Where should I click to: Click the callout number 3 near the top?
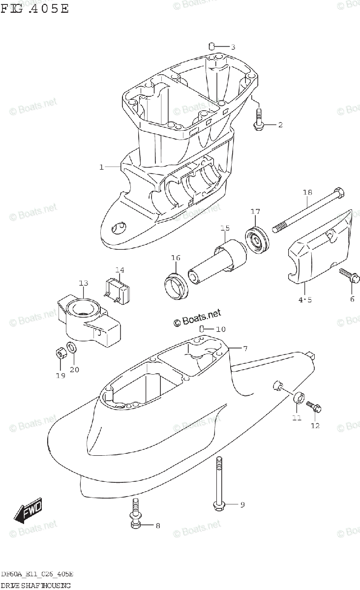pos(233,47)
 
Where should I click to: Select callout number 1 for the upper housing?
pos(102,167)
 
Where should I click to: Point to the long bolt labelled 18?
pos(305,209)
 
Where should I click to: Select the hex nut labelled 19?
pos(59,354)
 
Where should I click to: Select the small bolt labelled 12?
pos(313,407)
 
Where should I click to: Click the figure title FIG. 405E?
pos(34,8)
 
